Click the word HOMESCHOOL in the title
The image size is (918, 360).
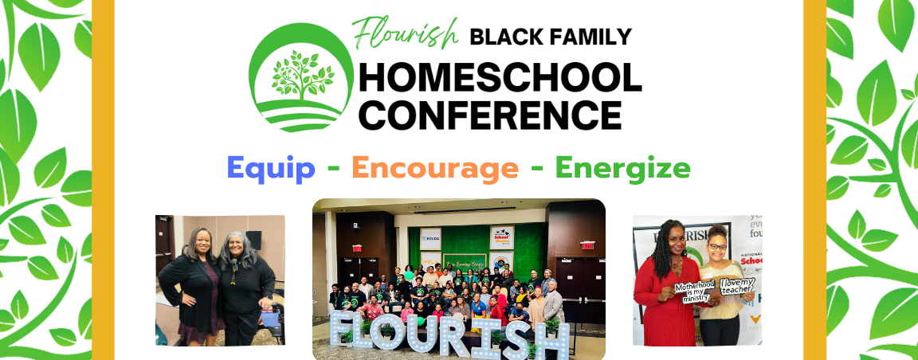tap(500, 77)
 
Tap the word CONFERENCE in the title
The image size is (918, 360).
tap(490, 114)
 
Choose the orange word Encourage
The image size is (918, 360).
tap(435, 168)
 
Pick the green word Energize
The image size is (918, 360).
tap(622, 168)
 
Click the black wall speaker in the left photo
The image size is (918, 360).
tap(253, 238)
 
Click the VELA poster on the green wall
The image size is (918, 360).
tap(430, 260)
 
